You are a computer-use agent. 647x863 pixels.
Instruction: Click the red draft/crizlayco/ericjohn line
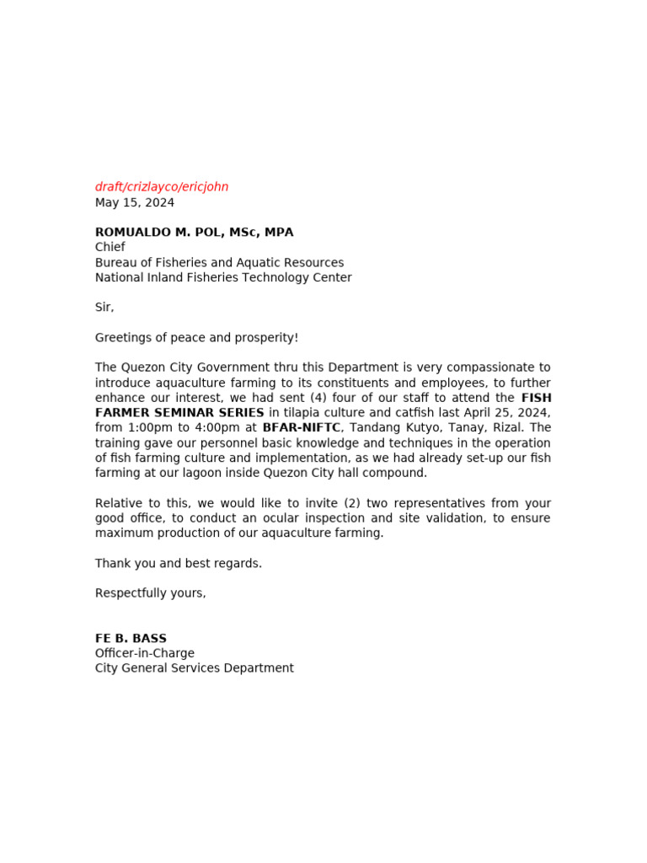[162, 187]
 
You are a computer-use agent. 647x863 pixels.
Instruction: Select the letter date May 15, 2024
[135, 202]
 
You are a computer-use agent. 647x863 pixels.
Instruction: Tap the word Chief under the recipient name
[110, 247]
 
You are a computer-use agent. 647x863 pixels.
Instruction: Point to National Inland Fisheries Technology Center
[223, 277]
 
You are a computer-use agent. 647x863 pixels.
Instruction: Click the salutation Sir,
[104, 308]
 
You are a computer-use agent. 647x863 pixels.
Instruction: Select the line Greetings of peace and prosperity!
[196, 338]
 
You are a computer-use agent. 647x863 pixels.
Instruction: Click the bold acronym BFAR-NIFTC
[302, 428]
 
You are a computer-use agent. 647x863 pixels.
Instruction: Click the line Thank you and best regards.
[179, 563]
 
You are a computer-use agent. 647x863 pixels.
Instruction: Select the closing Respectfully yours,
[151, 593]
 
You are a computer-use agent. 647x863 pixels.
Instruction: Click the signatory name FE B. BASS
[131, 639]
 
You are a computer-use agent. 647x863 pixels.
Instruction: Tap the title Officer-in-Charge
[145, 653]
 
